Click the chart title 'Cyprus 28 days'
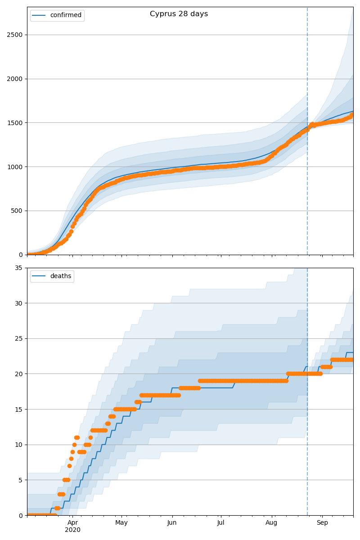pos(179,14)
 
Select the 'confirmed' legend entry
pos(66,15)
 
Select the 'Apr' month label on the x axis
pos(72,523)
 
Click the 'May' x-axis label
pos(121,523)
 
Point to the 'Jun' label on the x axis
pos(172,523)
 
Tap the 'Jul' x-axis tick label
pos(221,523)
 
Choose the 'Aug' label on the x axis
pos(271,523)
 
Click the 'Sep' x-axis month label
pos(322,523)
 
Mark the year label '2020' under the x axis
pos(72,530)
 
